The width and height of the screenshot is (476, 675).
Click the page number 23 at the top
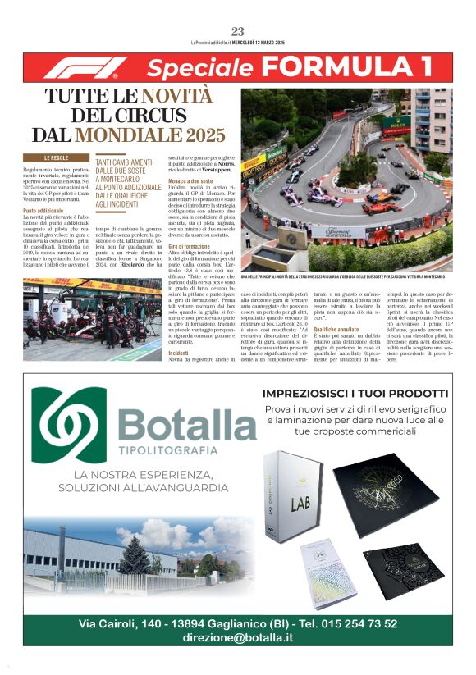pos(238,31)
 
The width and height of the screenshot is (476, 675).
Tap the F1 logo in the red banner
pos(85,67)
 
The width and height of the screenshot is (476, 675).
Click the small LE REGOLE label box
pos(56,157)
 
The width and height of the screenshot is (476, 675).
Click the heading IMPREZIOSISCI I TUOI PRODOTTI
pos(355,394)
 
